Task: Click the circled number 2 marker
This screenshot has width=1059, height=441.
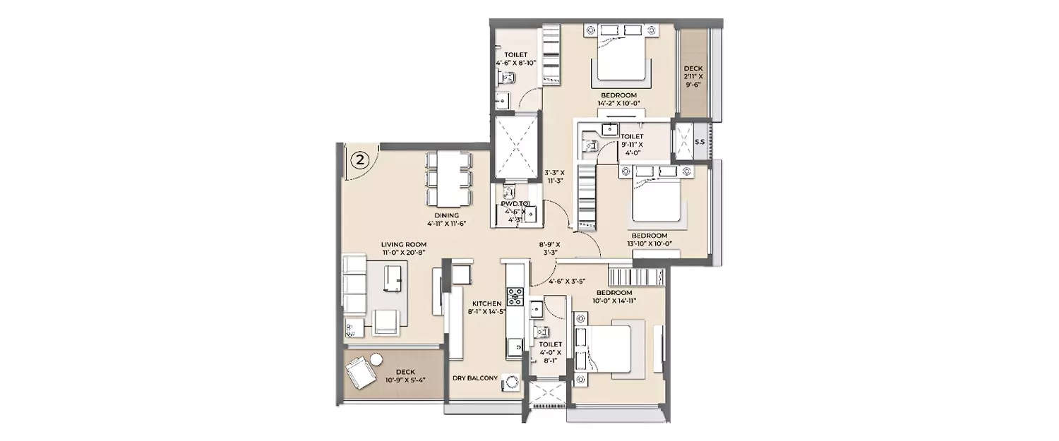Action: tap(360, 159)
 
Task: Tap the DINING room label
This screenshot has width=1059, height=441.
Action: tap(448, 215)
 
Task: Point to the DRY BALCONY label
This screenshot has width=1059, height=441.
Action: tap(475, 378)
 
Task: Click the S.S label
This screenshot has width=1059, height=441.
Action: tap(699, 142)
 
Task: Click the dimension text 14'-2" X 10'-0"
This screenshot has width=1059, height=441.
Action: tap(618, 103)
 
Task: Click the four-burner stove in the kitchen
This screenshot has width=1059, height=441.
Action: tap(514, 296)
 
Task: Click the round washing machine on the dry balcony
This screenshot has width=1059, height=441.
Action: tap(512, 381)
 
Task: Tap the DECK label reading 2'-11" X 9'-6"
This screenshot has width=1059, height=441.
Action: tap(693, 75)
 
